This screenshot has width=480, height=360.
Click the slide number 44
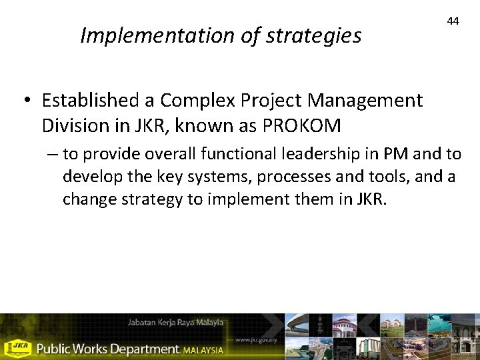click(453, 21)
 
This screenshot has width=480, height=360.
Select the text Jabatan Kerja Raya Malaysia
click(176, 323)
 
